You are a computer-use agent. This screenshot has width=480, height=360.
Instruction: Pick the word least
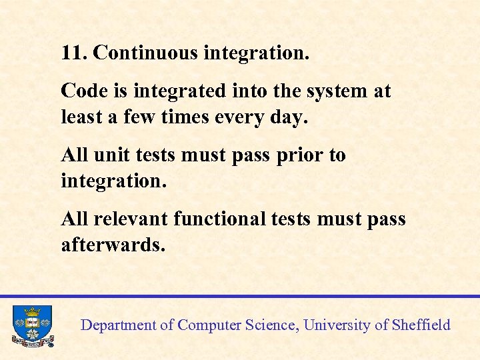pos(78,117)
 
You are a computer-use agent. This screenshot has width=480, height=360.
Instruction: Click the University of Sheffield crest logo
pos(32,325)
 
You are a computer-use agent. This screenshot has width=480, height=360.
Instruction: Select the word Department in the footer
pos(117,326)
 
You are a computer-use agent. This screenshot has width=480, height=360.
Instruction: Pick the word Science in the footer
pos(273,325)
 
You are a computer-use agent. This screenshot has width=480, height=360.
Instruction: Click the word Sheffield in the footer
pos(421,325)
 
